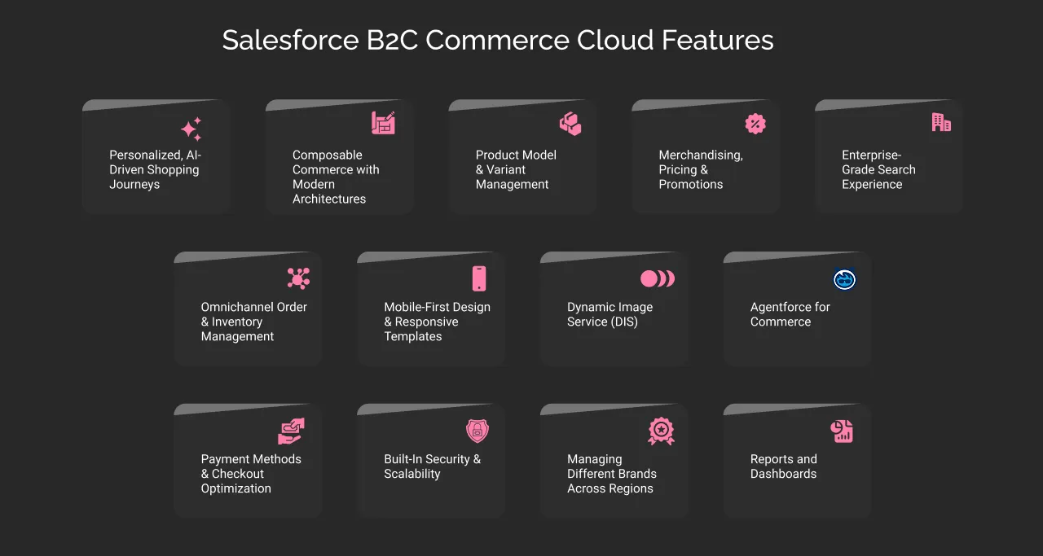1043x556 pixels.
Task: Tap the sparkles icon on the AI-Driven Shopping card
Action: pos(191,129)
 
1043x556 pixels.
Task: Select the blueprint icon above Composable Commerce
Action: pos(383,123)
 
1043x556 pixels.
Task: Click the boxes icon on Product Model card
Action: pos(570,124)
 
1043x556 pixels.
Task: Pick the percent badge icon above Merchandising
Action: pos(755,124)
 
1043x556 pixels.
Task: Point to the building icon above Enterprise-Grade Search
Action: pos(941,122)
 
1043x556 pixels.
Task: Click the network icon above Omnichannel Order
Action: pos(298,278)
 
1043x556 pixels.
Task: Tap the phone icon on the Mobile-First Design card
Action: pos(479,278)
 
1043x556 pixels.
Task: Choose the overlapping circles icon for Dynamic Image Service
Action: pos(658,278)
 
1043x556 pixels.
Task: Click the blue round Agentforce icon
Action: pos(844,280)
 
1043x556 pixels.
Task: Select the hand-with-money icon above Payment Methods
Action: pos(291,431)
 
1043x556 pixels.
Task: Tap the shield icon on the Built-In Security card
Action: pos(477,431)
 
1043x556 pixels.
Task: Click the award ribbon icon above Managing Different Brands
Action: pos(661,431)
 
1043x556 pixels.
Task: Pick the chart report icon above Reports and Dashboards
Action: pos(842,431)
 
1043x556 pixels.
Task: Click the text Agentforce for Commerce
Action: pos(790,314)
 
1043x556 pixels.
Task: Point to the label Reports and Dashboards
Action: pos(783,466)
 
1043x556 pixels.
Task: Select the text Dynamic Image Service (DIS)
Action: pos(610,314)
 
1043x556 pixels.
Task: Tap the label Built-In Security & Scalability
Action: pos(432,466)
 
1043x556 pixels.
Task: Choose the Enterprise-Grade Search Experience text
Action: pos(878,169)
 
